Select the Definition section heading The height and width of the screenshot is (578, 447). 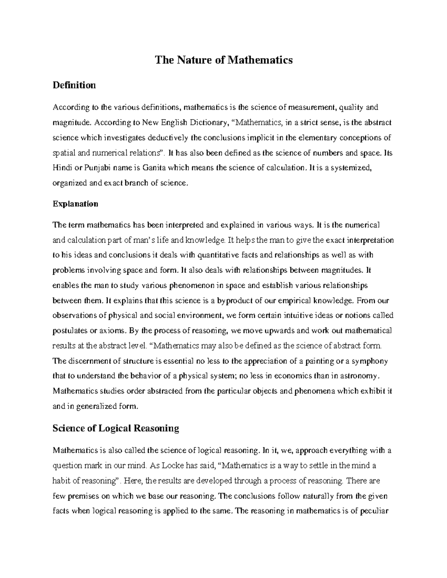click(74, 85)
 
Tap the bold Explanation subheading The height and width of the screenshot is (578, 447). click(76, 204)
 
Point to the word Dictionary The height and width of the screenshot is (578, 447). click(209, 123)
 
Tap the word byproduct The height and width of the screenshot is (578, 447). click(234, 301)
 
